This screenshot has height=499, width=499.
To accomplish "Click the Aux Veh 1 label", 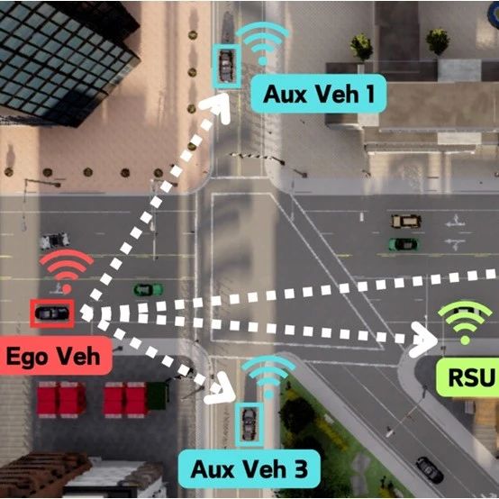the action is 319,94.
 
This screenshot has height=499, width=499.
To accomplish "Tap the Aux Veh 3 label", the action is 249,468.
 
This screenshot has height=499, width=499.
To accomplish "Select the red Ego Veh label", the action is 53,356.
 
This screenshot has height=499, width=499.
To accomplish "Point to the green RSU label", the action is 469,377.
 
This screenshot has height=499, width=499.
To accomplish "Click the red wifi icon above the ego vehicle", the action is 66,270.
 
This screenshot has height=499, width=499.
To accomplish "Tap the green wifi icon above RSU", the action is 465,322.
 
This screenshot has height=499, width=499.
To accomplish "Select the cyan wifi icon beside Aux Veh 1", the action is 262,43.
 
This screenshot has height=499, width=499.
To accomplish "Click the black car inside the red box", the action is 52,313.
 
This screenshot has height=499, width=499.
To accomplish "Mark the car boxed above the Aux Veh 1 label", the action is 226,66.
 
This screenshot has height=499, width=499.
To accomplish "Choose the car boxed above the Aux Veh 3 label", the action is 249,424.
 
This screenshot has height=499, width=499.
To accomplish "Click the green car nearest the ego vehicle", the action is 149,290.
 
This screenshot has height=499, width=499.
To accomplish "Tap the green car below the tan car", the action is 404,244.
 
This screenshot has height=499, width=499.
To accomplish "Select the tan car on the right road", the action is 406,221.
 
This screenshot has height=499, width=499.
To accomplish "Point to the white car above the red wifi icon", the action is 54,240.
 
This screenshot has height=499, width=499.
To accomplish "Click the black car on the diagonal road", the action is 430,469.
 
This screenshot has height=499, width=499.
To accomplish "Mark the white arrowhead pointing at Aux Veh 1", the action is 218,106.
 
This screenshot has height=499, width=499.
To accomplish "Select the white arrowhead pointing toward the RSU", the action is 423,340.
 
